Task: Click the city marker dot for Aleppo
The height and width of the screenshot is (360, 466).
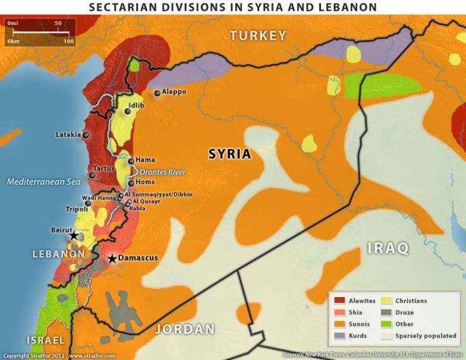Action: point(158,93)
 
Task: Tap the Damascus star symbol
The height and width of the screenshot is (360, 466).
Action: point(112,258)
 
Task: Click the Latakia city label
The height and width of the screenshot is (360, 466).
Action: point(68,135)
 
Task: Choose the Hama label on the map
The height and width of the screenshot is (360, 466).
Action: point(145,160)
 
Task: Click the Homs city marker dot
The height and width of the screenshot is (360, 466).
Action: point(131,183)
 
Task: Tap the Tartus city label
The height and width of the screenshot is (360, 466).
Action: point(104,169)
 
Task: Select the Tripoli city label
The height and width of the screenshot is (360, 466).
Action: point(77,209)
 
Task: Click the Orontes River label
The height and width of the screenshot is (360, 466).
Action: point(163,172)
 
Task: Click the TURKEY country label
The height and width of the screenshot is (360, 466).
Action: point(258,36)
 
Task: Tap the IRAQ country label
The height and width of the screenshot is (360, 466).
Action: point(388,248)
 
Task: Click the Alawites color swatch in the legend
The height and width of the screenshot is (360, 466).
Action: point(339,301)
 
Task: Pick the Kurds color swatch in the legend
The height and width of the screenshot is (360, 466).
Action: point(339,336)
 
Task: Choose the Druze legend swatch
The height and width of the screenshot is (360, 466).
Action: point(386,312)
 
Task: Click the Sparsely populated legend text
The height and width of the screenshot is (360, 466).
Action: point(426,336)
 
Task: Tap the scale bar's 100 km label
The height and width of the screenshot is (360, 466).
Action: point(68,42)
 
